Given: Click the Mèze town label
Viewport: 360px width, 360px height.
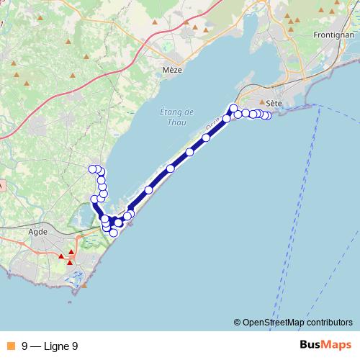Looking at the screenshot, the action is [173, 71].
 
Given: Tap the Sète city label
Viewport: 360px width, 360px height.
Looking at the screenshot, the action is [273, 103].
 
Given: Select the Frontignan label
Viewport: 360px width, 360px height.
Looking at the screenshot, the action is [332, 35].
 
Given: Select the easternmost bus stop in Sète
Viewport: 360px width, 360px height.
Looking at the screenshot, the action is [268, 116].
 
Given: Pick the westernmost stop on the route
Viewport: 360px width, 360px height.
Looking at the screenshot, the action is [92, 169].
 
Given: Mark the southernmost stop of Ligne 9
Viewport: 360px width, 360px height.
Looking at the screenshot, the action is [113, 233].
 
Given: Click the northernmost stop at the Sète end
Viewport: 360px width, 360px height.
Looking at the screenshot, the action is [234, 108].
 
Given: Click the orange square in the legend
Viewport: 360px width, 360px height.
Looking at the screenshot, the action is [11, 346].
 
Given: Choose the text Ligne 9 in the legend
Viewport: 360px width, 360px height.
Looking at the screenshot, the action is [60, 346].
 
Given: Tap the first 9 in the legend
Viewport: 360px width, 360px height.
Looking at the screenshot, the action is [25, 346].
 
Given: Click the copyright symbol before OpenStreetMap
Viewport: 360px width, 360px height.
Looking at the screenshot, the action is [238, 323].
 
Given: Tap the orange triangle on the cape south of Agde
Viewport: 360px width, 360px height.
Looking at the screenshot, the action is [84, 286].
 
